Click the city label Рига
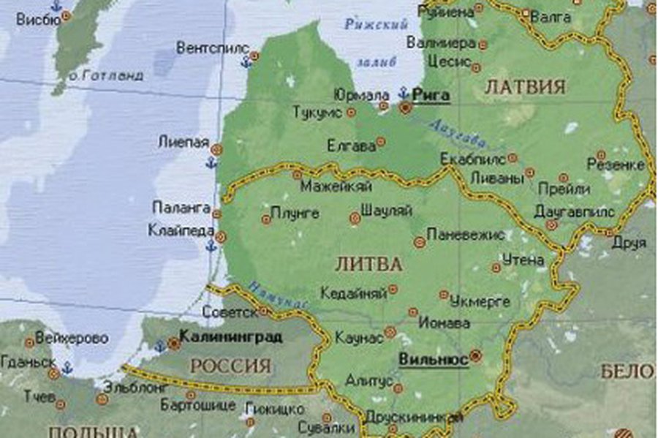[x=431, y=94]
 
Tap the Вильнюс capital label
[x=434, y=359]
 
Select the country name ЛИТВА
[x=368, y=263]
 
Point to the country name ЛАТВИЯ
[x=525, y=87]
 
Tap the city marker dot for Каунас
[x=390, y=332]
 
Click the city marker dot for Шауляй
[x=355, y=217]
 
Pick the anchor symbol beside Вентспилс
[x=246, y=63]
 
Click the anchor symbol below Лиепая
[x=212, y=162]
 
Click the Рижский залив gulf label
[x=375, y=42]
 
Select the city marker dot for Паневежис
[x=419, y=242]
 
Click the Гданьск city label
[x=28, y=361]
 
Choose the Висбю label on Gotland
[x=37, y=20]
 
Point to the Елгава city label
[x=351, y=146]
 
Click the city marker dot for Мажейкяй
[x=298, y=175]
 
